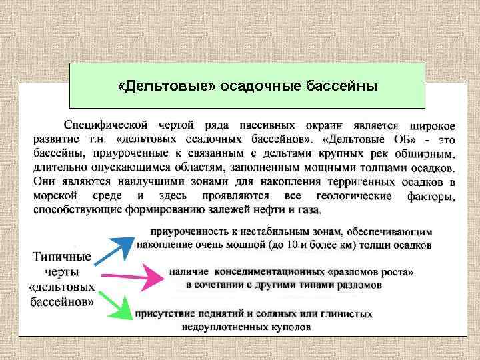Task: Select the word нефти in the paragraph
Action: click(x=273, y=209)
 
